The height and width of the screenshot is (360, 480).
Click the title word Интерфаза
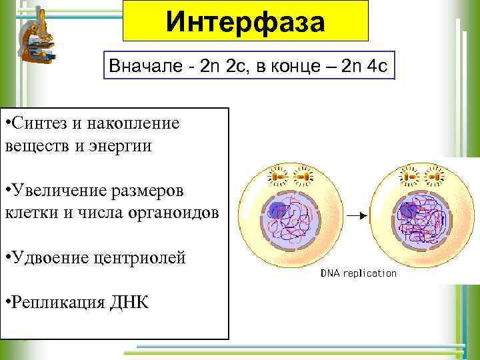(245, 23)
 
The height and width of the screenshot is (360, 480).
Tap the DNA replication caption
(359, 273)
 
